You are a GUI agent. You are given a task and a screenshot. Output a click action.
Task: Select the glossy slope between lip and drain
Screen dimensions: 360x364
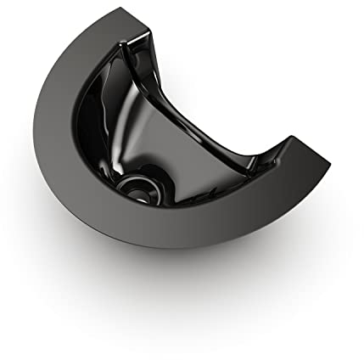(182, 157)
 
